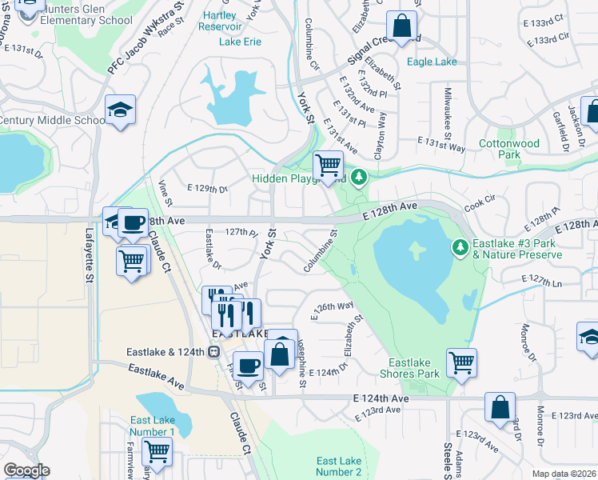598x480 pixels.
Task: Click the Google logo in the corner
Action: pyautogui.click(x=26, y=470)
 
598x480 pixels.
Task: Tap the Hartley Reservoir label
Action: pyautogui.click(x=219, y=20)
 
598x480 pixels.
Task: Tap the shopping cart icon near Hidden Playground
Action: pyautogui.click(x=328, y=165)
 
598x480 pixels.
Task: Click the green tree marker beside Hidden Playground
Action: pyautogui.click(x=360, y=176)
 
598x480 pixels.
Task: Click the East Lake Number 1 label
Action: pyautogui.click(x=152, y=426)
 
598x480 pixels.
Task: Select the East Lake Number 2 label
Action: pyautogui.click(x=339, y=466)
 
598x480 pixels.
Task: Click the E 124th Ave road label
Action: pyautogui.click(x=381, y=398)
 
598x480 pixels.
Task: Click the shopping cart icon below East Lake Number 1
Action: pyautogui.click(x=157, y=452)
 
